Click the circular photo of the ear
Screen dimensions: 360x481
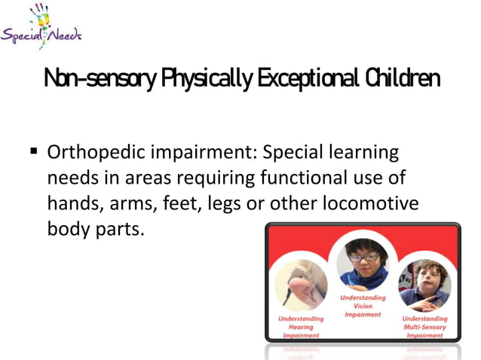pos(302,285)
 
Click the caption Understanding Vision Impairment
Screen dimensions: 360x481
pos(363,305)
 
